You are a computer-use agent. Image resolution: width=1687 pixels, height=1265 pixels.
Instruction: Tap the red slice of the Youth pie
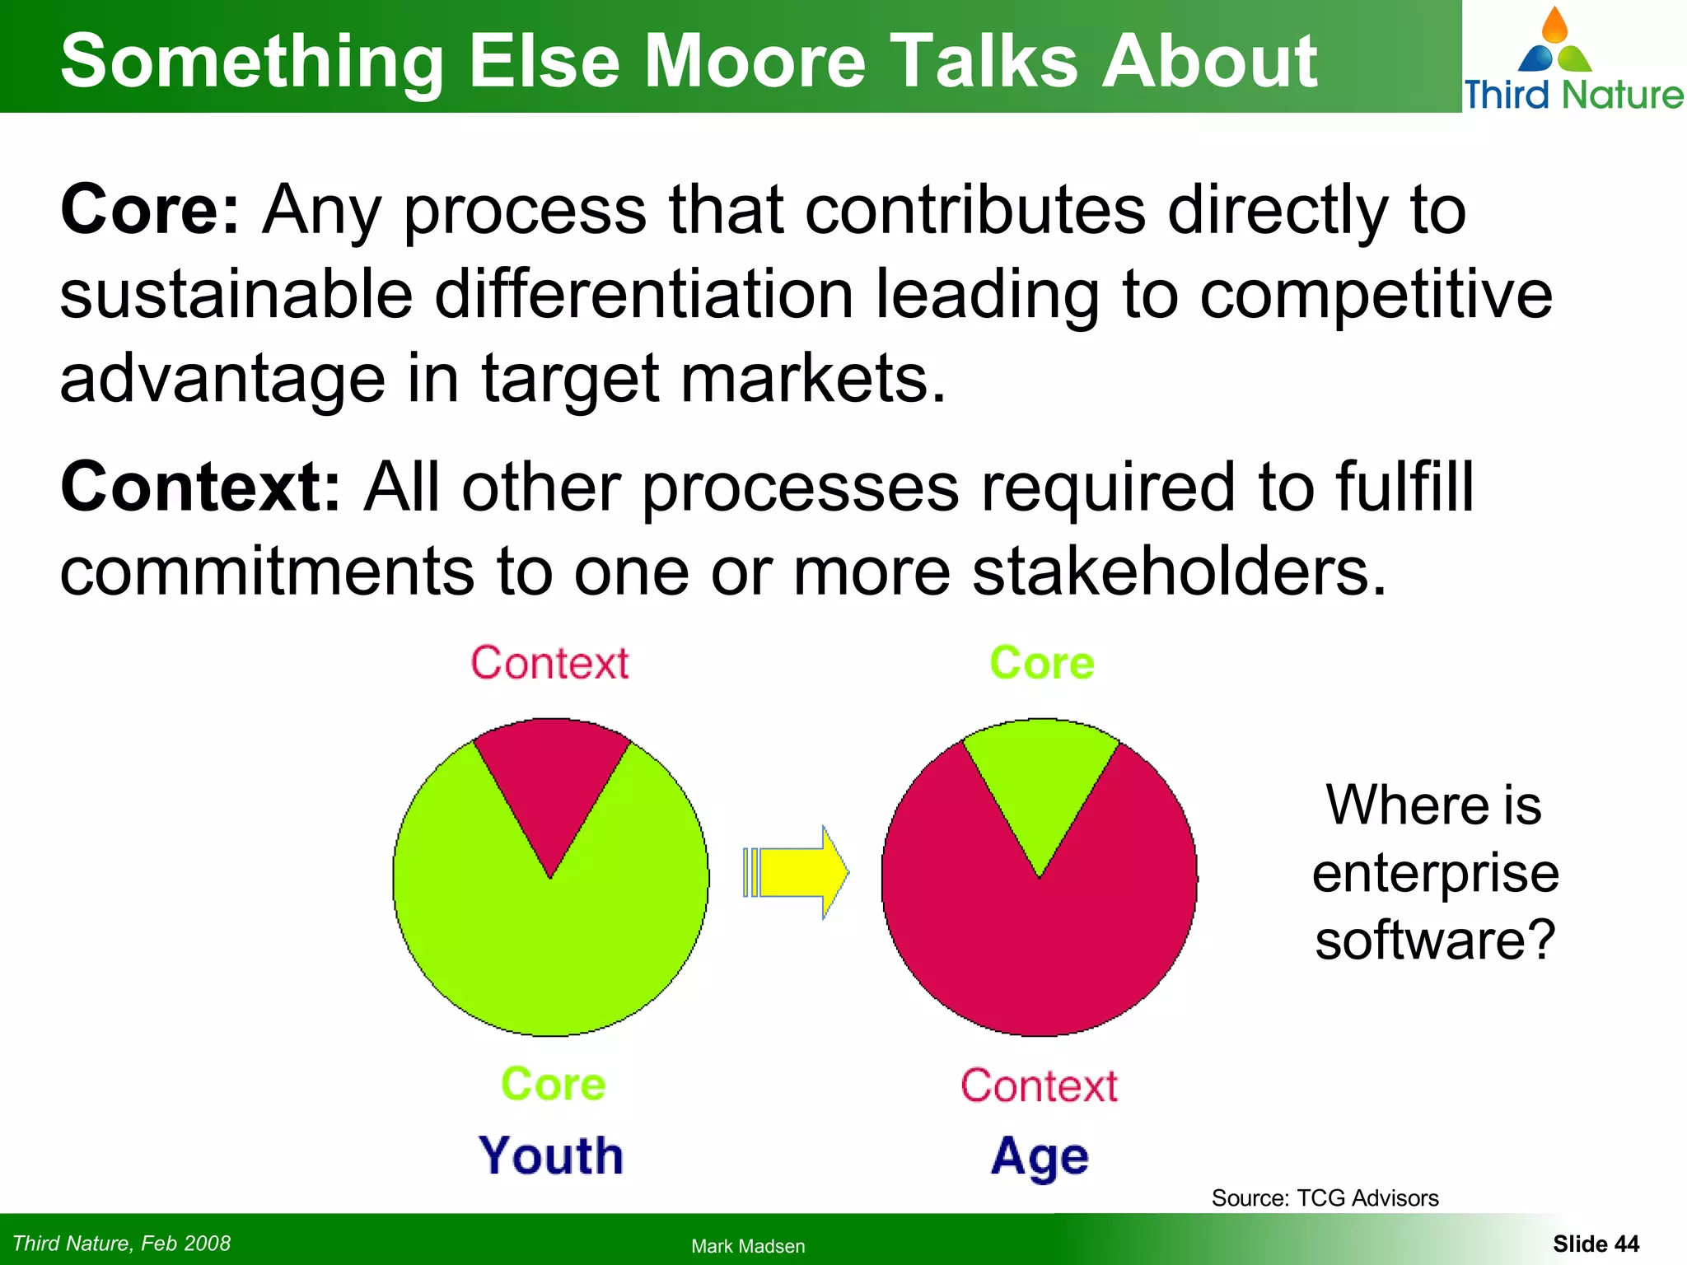point(551,782)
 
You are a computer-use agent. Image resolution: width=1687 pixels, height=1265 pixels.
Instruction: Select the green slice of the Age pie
point(1040,782)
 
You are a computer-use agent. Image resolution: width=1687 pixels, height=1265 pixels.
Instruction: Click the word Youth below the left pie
point(551,1155)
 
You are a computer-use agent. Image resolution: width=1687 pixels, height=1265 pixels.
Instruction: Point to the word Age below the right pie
point(1040,1157)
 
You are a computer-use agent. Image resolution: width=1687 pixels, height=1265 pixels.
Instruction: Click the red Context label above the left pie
point(549,663)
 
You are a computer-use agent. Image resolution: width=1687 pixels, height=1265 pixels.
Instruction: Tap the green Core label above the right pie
point(1041,663)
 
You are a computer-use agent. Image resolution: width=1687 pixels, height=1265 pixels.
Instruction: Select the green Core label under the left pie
point(553,1084)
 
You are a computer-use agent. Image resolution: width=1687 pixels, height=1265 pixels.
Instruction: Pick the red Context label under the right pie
point(1039,1085)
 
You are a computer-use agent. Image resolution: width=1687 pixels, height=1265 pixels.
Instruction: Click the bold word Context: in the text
point(200,488)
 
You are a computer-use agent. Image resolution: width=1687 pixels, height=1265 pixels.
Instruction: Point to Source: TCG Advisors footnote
point(1325,1198)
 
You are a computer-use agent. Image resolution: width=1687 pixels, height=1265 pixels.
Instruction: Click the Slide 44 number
point(1596,1244)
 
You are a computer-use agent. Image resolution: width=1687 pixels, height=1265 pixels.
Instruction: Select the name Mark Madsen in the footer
point(748,1246)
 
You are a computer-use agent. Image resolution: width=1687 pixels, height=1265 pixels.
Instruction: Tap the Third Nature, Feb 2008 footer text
point(122,1244)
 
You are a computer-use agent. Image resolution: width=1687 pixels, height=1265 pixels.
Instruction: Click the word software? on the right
point(1435,940)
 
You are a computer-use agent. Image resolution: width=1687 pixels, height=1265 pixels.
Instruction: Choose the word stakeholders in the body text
point(1178,572)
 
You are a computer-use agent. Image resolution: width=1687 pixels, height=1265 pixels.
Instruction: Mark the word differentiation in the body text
point(643,295)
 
